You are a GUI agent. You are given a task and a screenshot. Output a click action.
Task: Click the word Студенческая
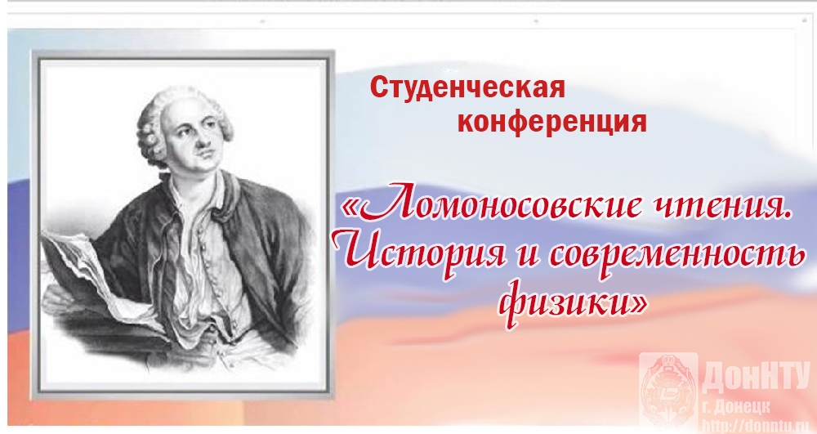tap(467, 87)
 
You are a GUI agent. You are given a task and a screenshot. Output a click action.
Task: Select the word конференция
tap(551, 123)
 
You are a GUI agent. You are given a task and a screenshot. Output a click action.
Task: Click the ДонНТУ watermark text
tap(757, 378)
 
